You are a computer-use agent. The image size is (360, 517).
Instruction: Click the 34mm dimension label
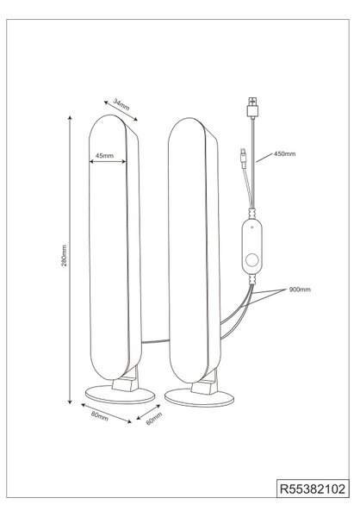point(121,104)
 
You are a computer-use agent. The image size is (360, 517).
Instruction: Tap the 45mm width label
point(104,156)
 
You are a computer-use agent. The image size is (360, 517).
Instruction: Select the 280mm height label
point(65,256)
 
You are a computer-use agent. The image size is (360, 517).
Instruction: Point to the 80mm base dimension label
point(100,416)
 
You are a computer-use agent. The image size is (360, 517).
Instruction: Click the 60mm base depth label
point(154,419)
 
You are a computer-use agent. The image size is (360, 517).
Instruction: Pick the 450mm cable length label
point(285,153)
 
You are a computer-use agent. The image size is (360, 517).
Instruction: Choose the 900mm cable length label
point(300,290)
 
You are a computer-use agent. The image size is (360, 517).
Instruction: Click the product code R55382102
point(313,489)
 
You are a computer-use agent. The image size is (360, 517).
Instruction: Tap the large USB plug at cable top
point(252,108)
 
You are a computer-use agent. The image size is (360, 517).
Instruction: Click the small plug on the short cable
point(243,158)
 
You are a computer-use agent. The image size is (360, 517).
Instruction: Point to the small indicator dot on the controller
point(251,227)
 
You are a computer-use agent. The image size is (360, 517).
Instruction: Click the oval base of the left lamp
point(120,395)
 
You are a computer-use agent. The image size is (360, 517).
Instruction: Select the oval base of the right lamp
point(199,397)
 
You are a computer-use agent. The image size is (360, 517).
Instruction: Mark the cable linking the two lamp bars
point(155,342)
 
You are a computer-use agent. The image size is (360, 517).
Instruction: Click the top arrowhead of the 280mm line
point(70,118)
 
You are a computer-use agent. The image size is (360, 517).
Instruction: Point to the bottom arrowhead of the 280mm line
point(70,402)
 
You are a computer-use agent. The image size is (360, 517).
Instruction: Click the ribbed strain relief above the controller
point(252,214)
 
